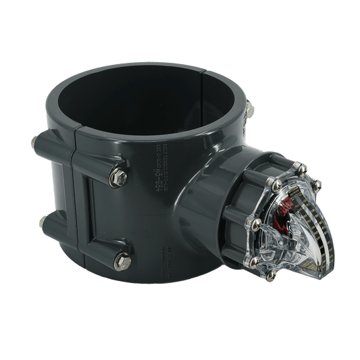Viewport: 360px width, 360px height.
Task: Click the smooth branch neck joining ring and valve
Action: [199, 203]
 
